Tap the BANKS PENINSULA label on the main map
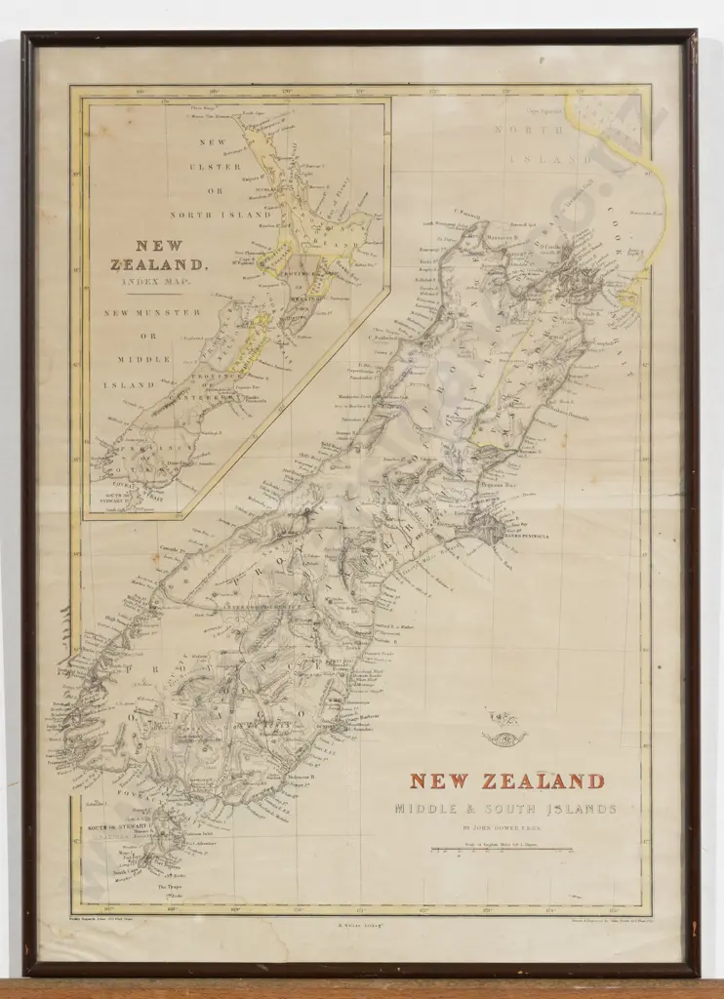coord(527,536)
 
